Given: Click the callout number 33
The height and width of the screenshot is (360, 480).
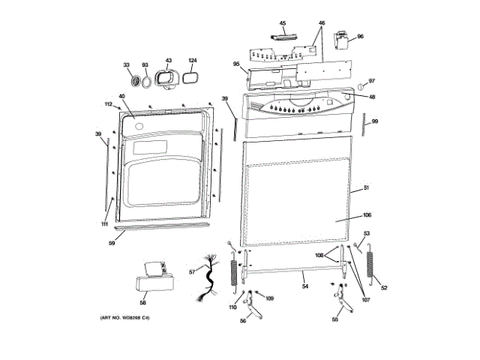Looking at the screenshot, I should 127,65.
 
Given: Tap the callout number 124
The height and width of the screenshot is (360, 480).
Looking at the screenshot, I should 192,60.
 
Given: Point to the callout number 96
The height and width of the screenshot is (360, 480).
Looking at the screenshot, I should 360,36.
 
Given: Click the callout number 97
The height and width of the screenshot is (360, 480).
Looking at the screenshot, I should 371,81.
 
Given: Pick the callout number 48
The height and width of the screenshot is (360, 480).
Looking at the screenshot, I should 372,97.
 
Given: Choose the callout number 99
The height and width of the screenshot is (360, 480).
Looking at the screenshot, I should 375,121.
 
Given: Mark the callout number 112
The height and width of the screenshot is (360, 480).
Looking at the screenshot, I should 108,104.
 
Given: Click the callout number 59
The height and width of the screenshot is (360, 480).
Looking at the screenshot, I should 112,243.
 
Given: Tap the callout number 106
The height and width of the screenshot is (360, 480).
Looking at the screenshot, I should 367,215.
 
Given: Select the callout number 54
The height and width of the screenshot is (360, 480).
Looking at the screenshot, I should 305,286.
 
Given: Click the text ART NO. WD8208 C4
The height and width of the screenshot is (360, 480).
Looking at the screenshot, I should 125,318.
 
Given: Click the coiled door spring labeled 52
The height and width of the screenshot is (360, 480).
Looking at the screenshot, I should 370,265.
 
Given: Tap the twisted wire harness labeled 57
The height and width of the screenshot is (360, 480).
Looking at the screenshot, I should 209,280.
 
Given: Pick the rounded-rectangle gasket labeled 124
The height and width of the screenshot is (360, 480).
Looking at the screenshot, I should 190,76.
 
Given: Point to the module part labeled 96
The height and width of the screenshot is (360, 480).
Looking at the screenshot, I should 344,43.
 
